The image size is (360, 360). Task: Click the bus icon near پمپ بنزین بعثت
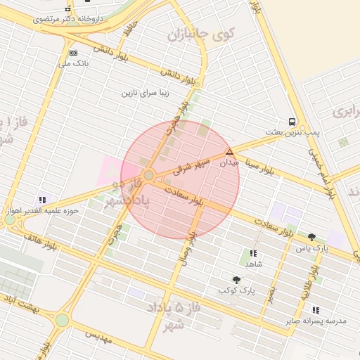[292, 121]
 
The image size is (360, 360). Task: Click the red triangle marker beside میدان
[229, 151]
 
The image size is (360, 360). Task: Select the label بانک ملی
[74, 64]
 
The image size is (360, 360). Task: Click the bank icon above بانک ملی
[73, 53]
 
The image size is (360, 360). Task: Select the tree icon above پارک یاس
[311, 237]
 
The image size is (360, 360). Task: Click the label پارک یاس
[311, 247]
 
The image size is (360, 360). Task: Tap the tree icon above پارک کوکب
[236, 279]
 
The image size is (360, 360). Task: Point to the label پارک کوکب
[236, 290]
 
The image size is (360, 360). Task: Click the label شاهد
[253, 264]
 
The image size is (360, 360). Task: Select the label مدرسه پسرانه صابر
[316, 321]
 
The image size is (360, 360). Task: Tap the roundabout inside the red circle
[148, 174]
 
